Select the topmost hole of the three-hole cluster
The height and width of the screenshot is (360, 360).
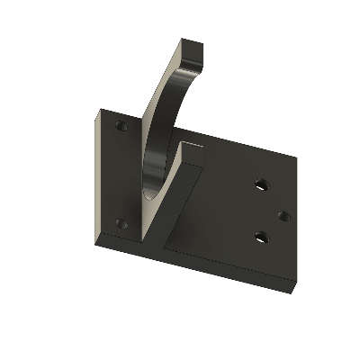(261, 184)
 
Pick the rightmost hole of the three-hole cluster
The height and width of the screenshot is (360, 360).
(283, 215)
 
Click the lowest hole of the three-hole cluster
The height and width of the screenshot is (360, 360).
(261, 237)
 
